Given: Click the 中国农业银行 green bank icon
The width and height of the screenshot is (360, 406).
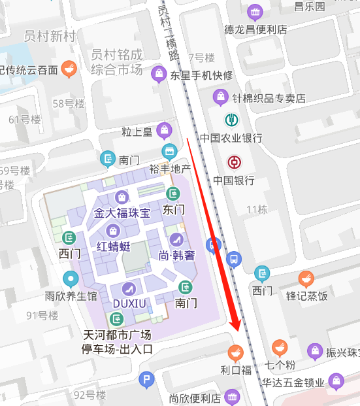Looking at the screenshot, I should pos(231,120).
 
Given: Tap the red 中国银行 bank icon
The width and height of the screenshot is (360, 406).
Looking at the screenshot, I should pos(234,162).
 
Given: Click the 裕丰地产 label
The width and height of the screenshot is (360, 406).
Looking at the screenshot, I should pos(170,169).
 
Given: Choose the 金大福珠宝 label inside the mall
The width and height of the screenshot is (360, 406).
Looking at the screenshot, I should pos(122,213).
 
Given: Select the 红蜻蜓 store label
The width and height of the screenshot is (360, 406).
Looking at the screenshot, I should pos(114,246).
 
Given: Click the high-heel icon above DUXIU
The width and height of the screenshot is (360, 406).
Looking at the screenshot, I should pos(129,288).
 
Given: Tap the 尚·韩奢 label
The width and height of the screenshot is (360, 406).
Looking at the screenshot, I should pos(177,255).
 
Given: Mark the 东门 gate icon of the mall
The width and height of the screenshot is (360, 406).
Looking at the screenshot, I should pos(173,194).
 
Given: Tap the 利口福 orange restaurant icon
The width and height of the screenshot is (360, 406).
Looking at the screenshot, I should pos(236,352).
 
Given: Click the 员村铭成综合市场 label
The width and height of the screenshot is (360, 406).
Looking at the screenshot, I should pos(117,61).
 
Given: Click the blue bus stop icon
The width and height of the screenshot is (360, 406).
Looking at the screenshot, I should pos(233,259).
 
